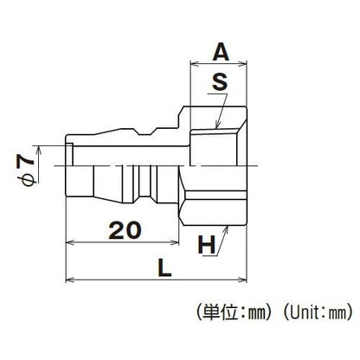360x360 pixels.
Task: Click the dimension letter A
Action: pyautogui.click(x=221, y=53)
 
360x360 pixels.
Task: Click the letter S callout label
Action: pyautogui.click(x=220, y=81)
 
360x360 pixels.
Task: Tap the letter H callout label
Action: pyautogui.click(x=207, y=245)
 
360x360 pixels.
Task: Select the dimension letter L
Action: pyautogui.click(x=164, y=268)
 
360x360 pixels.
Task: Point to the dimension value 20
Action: pyautogui.click(x=125, y=231)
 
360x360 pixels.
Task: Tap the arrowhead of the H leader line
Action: pyautogui.click(x=227, y=229)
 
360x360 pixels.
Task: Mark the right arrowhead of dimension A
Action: pyautogui.click(x=243, y=64)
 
